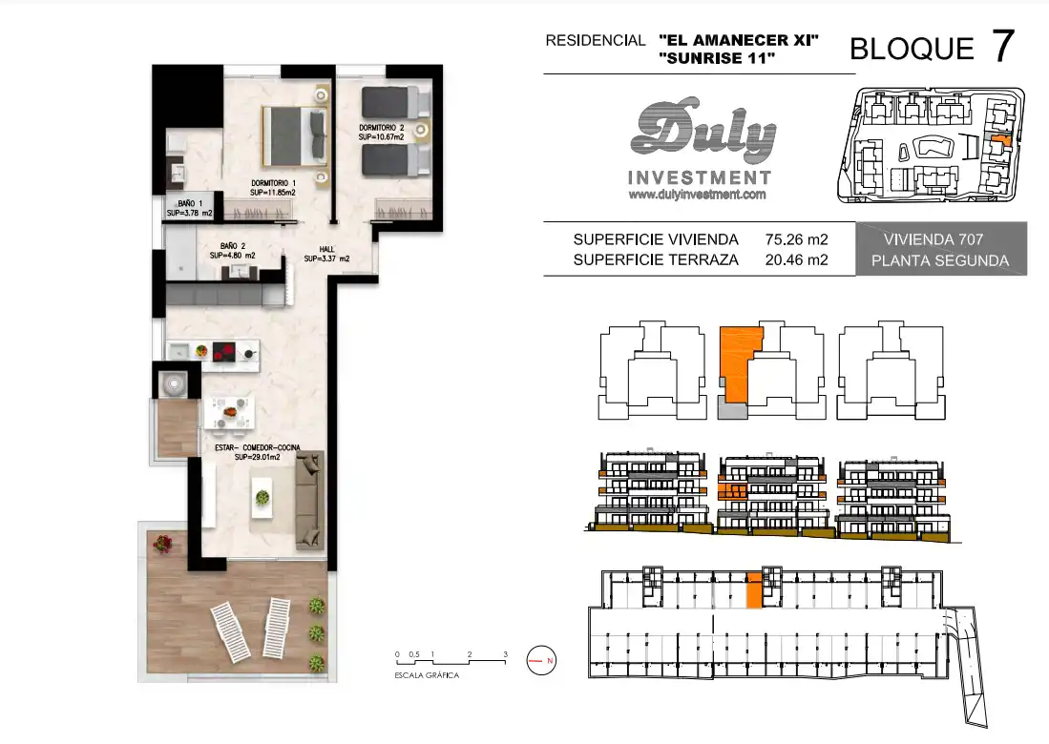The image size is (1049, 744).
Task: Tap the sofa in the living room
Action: (x=310, y=499)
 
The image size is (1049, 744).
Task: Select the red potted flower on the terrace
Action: (x=161, y=544)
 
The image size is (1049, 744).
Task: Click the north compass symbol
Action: (x=541, y=660)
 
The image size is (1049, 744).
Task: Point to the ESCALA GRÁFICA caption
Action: (x=427, y=676)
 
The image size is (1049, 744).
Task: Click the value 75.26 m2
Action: (x=796, y=239)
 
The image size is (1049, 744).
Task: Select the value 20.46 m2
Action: (x=796, y=260)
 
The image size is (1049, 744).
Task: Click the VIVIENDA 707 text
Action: (x=934, y=239)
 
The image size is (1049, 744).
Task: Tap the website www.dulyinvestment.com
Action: (x=697, y=195)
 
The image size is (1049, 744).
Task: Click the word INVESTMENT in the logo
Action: (x=700, y=177)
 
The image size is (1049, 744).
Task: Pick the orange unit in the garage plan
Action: (x=754, y=590)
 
